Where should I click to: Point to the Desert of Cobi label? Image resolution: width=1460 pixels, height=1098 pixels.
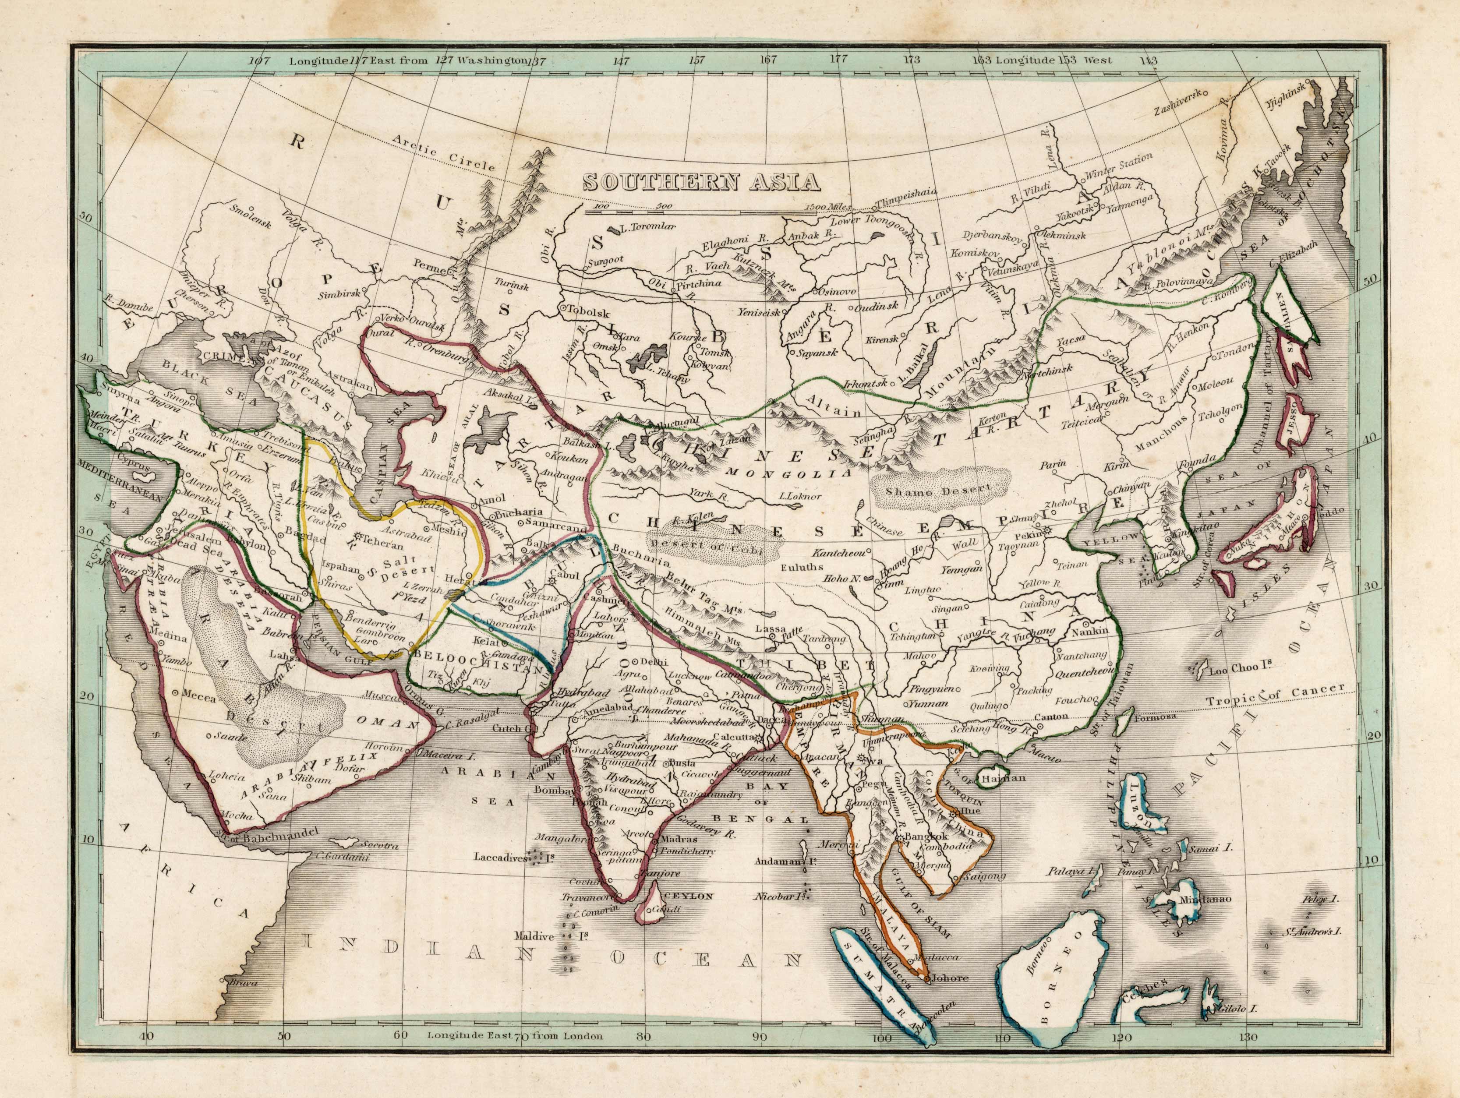(x=715, y=545)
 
